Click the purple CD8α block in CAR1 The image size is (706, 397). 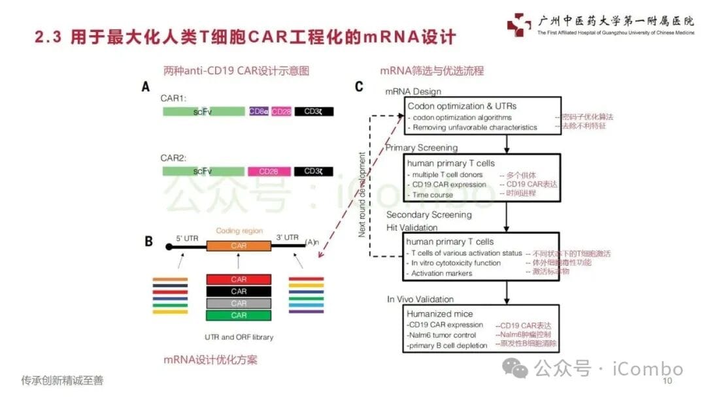coord(259,112)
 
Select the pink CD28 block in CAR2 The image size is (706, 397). coord(268,171)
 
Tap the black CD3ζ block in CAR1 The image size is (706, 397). coord(314,112)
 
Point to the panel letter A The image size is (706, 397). coord(146,86)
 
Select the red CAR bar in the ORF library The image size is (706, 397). coord(239,279)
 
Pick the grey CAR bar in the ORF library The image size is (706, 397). coord(239,304)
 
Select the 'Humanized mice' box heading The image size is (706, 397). coord(440,314)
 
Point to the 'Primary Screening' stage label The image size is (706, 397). coord(421,148)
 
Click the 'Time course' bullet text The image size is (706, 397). coord(433,195)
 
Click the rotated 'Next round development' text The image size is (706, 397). coord(361,194)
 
